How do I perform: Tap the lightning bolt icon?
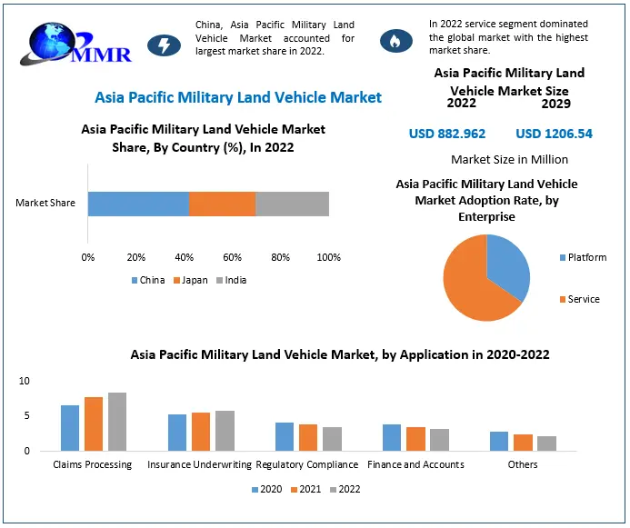pyautogui.click(x=164, y=45)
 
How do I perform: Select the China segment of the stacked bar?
pyautogui.click(x=138, y=204)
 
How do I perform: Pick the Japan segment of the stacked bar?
pyautogui.click(x=222, y=204)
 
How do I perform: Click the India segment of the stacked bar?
pyautogui.click(x=292, y=204)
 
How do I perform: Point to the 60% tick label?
pyautogui.click(x=233, y=257)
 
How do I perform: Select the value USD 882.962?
pyautogui.click(x=447, y=134)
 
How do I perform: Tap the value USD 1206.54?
pyautogui.click(x=554, y=134)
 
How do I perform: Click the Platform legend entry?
pyautogui.click(x=582, y=257)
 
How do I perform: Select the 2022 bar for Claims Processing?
pyautogui.click(x=117, y=422)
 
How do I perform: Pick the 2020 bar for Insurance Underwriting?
pyautogui.click(x=177, y=433)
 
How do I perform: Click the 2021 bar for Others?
pyautogui.click(x=523, y=443)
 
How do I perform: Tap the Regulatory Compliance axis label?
pyautogui.click(x=308, y=464)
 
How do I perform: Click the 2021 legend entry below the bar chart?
pyautogui.click(x=305, y=489)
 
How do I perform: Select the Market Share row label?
pyautogui.click(x=45, y=203)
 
